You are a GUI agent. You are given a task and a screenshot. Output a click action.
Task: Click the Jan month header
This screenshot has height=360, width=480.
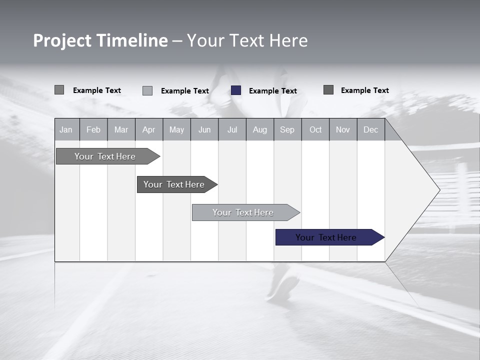(66, 129)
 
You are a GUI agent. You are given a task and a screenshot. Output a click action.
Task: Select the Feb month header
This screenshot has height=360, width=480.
(93, 129)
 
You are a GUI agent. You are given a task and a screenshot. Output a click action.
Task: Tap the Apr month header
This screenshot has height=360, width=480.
(148, 129)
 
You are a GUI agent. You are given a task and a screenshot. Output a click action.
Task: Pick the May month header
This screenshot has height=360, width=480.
(176, 129)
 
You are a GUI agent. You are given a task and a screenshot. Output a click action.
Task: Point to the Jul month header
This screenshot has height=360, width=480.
(232, 129)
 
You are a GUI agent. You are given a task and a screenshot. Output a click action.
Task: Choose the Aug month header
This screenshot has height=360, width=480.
(259, 129)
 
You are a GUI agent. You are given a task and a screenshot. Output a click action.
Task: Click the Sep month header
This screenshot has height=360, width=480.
(287, 129)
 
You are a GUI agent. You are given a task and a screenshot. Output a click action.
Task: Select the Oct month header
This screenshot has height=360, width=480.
(315, 129)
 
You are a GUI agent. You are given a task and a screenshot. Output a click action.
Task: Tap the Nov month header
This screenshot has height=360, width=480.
(343, 129)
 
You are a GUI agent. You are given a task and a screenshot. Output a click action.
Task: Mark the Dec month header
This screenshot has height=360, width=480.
(370, 129)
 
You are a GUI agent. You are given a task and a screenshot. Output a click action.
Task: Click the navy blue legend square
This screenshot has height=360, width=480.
(236, 90)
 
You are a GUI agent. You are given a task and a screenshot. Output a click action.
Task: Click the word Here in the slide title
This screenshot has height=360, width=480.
(288, 40)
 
